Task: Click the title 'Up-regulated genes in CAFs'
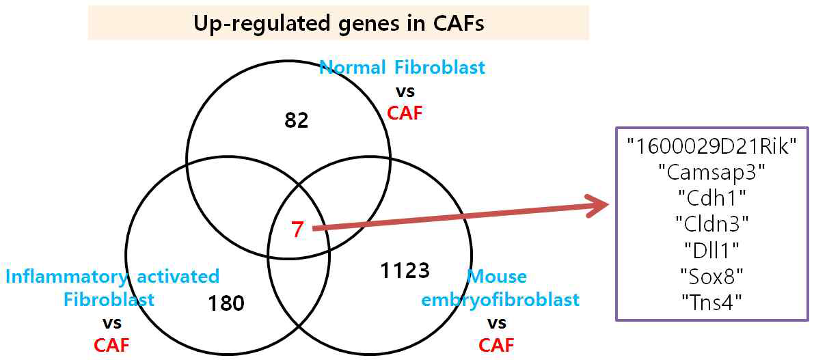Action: [x=339, y=24]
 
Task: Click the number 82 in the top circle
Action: [x=297, y=120]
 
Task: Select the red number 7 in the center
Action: [x=297, y=230]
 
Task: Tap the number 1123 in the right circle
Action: [x=404, y=271]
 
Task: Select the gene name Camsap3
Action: [x=711, y=170]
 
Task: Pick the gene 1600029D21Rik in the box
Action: [x=711, y=145]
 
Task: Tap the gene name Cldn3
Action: [x=711, y=221]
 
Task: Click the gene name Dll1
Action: [x=711, y=248]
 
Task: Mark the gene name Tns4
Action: [x=711, y=301]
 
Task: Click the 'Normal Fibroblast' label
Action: [x=403, y=68]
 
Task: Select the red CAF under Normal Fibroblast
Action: [x=405, y=112]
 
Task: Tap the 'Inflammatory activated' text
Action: [x=113, y=277]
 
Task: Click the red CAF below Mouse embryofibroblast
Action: [x=496, y=345]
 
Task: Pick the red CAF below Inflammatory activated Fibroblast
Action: [x=111, y=345]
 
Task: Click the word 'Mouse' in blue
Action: [x=497, y=277]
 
